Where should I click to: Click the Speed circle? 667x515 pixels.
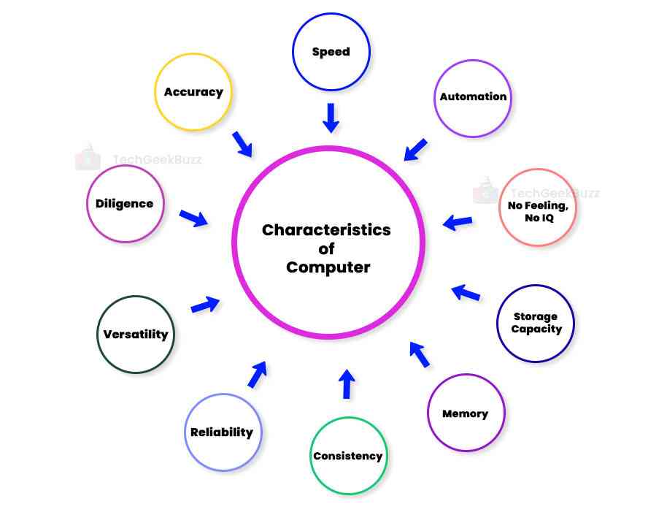(331, 51)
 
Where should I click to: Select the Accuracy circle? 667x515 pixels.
(193, 92)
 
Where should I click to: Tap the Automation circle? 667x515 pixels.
(473, 97)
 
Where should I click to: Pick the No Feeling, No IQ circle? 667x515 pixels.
(536, 208)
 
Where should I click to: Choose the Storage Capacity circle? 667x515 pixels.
(536, 323)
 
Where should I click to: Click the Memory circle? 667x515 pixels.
(466, 413)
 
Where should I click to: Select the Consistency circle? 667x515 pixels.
(348, 456)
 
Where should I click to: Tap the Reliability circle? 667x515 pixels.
(222, 432)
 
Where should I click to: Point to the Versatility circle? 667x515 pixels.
(136, 335)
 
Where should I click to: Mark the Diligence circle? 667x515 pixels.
(125, 204)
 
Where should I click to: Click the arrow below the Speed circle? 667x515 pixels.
(331, 118)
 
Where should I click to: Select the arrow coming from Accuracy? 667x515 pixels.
(242, 144)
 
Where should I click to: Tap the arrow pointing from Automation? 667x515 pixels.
(416, 149)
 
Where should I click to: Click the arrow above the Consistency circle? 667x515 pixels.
(347, 384)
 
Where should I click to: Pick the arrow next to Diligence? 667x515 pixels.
(194, 217)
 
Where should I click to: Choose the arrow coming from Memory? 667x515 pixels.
(419, 354)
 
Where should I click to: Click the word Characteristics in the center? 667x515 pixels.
(327, 230)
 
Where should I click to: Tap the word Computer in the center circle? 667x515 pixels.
(328, 267)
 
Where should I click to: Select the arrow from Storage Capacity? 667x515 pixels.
(466, 293)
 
